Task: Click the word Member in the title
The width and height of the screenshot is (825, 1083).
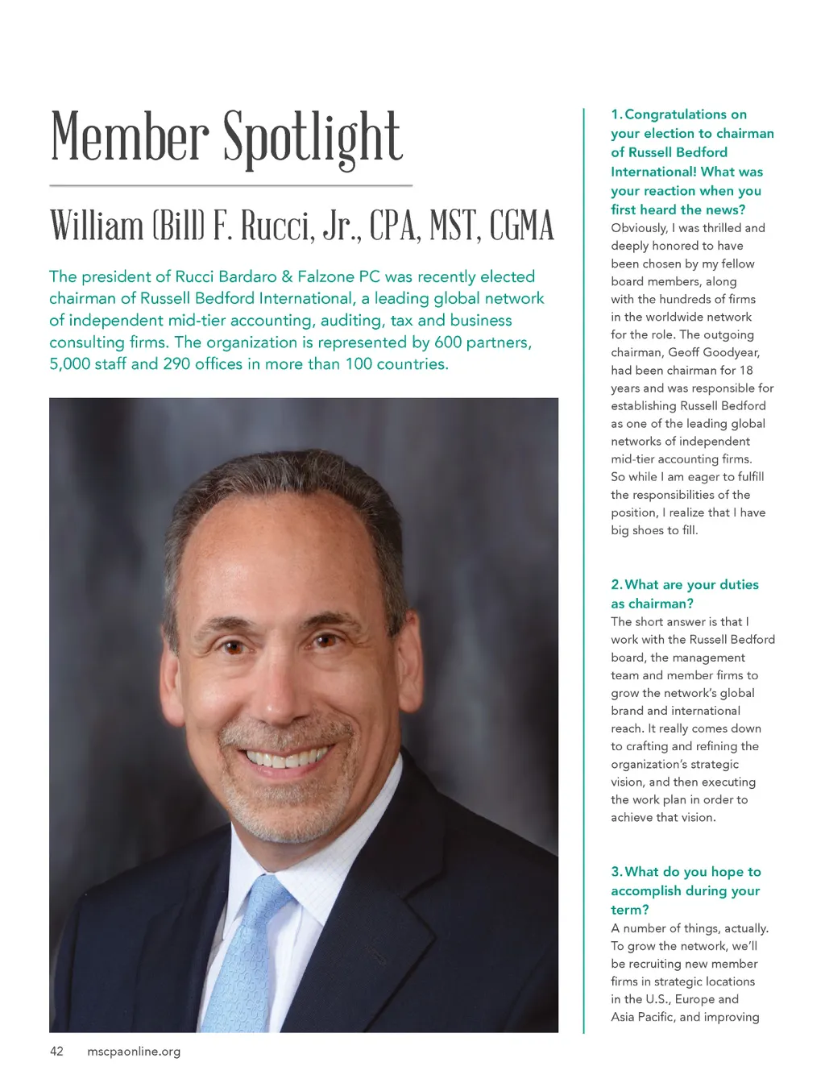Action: [x=131, y=137]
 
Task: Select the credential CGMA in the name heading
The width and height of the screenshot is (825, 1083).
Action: [x=522, y=226]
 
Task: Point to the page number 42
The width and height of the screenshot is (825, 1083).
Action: [x=56, y=1051]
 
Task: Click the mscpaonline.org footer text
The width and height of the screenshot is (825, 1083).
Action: [x=134, y=1051]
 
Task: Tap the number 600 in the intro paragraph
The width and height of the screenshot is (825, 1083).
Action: [x=448, y=342]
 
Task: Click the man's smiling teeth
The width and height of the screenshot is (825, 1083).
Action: [x=287, y=758]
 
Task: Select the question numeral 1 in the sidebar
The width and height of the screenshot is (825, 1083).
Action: [x=615, y=114]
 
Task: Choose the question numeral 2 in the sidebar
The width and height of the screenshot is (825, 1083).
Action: [x=616, y=585]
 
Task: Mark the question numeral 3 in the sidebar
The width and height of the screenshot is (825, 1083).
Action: [x=616, y=872]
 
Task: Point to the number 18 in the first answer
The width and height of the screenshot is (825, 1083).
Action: [x=745, y=370]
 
